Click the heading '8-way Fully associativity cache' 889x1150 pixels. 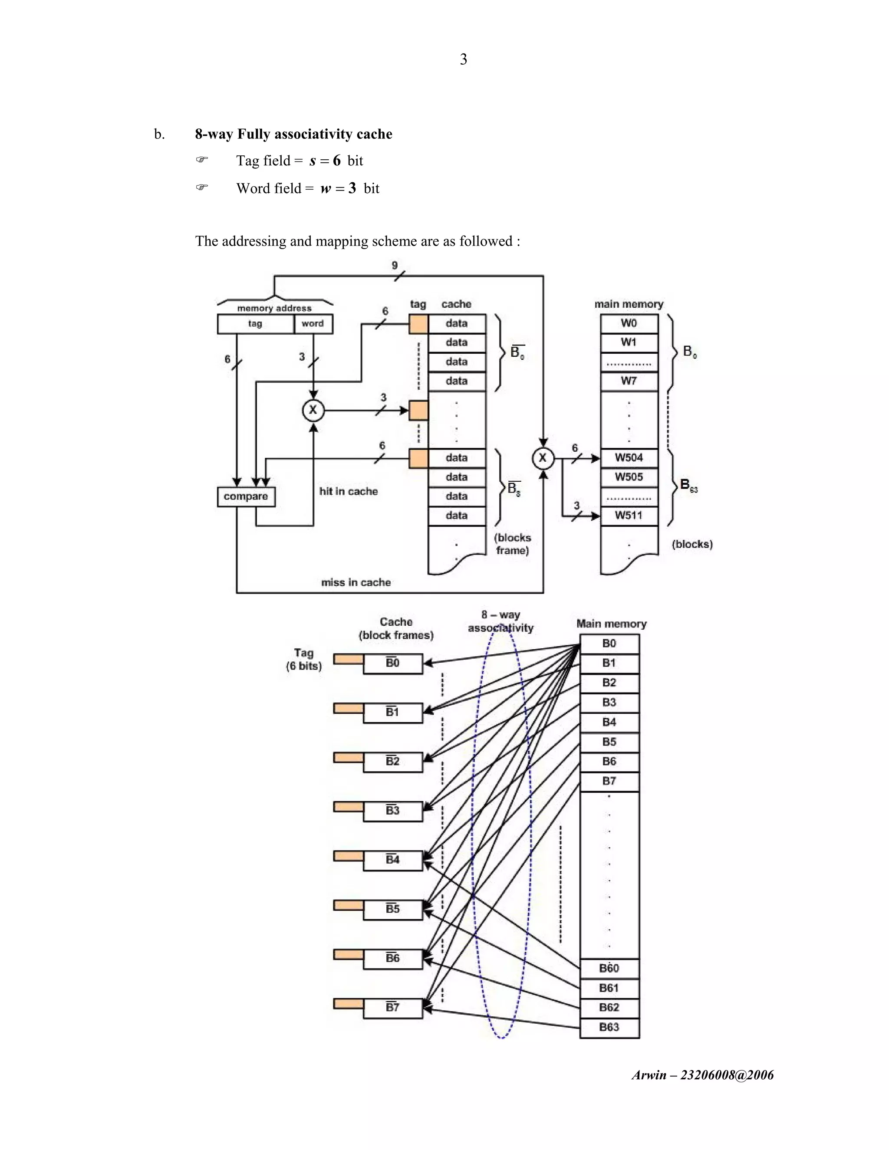(293, 134)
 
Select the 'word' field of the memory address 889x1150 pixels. (313, 323)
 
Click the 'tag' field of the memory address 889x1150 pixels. (255, 323)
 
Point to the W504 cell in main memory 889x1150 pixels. (629, 457)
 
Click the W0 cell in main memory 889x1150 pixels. (629, 323)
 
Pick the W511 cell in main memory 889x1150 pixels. (629, 516)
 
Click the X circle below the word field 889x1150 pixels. (313, 410)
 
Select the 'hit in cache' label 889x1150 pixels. (348, 491)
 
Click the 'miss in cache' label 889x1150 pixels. (356, 582)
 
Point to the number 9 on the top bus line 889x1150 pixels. (395, 266)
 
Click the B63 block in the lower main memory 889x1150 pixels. (609, 1027)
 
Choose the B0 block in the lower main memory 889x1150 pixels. (609, 644)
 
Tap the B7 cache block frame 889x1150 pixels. (393, 1007)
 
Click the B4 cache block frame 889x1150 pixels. (393, 860)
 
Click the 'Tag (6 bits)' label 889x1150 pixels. (303, 659)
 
